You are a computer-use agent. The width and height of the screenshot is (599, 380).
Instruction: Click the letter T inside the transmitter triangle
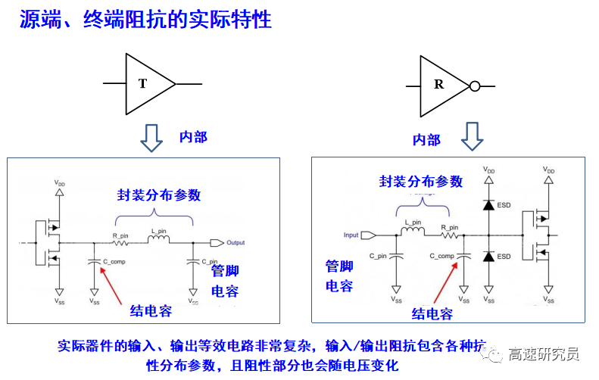[142, 84]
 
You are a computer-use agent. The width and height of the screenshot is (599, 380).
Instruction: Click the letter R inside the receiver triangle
[438, 85]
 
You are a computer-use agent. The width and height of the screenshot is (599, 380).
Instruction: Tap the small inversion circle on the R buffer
[475, 86]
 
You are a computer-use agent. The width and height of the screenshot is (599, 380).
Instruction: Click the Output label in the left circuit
[236, 243]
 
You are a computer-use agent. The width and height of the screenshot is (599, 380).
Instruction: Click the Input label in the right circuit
[351, 235]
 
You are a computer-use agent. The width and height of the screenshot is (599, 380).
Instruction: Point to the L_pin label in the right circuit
[413, 223]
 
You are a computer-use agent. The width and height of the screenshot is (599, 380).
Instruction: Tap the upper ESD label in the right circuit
[504, 204]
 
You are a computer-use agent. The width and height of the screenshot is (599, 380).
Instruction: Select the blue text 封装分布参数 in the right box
[420, 182]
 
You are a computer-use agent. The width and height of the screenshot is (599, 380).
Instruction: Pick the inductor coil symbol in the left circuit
[158, 241]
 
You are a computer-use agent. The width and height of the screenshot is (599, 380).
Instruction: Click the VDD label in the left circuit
[60, 184]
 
